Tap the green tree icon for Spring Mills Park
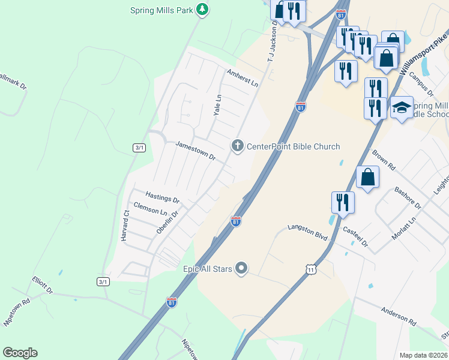tap(203, 9)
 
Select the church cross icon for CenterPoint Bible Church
tap(238, 146)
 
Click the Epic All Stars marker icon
tap(241, 268)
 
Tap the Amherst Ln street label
tap(242, 77)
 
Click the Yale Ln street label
tap(218, 105)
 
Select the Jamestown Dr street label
tap(195, 151)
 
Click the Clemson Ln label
tap(150, 208)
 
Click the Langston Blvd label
tap(308, 232)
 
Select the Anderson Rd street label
tap(398, 316)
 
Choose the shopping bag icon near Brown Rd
tap(367, 178)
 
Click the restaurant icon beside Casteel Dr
tap(343, 202)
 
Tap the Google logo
tap(20, 353)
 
